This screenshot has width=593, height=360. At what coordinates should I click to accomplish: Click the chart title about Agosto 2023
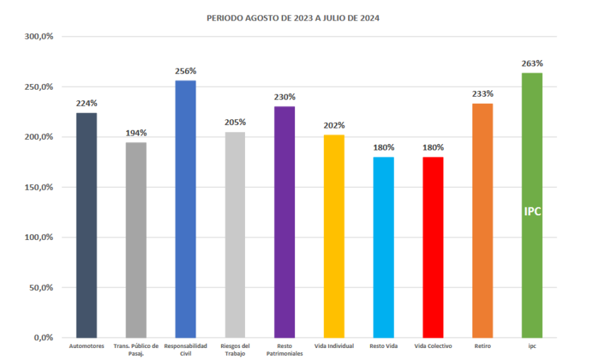point(293,18)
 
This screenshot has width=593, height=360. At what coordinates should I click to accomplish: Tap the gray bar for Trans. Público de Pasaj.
point(136,240)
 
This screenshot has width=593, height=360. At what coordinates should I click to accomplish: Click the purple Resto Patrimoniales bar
point(284,222)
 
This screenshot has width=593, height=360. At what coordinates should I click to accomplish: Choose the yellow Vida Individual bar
point(334,236)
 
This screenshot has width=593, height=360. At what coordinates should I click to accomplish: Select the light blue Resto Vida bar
point(383,247)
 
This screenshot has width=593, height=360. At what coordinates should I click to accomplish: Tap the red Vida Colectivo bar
point(433,247)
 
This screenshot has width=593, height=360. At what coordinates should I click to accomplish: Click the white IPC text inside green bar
point(532,211)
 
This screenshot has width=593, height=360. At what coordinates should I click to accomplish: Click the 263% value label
point(532,64)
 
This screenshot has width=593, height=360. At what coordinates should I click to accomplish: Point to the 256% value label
point(186,71)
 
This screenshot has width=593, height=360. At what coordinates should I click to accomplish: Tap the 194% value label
point(136,133)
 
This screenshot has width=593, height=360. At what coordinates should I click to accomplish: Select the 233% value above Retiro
point(483,94)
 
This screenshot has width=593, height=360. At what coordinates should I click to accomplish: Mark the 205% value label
point(235,122)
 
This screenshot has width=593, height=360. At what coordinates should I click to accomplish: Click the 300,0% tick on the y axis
point(39,36)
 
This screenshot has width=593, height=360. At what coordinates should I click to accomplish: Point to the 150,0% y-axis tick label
point(39,187)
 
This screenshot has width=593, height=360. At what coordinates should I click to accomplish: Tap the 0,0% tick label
point(42,337)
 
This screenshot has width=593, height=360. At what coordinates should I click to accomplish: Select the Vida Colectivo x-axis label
point(433,346)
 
